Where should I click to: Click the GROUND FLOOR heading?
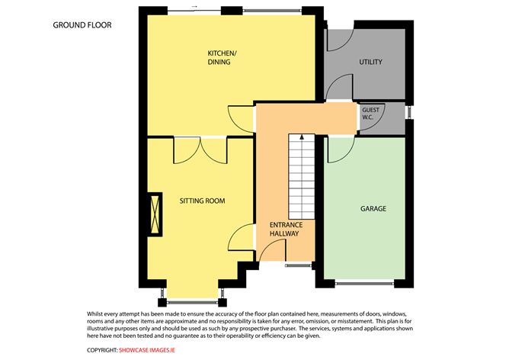coord(82,25)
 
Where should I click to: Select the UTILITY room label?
coord(370,62)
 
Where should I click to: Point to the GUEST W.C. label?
coord(370,114)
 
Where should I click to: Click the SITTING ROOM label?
coord(202,201)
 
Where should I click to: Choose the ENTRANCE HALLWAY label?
coord(287,230)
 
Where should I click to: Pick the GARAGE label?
coord(373,208)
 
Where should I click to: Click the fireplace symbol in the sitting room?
coord(156,213)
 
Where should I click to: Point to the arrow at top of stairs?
coord(303,137)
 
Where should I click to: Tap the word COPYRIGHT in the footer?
coord(101,350)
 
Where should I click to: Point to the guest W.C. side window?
coord(408,113)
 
